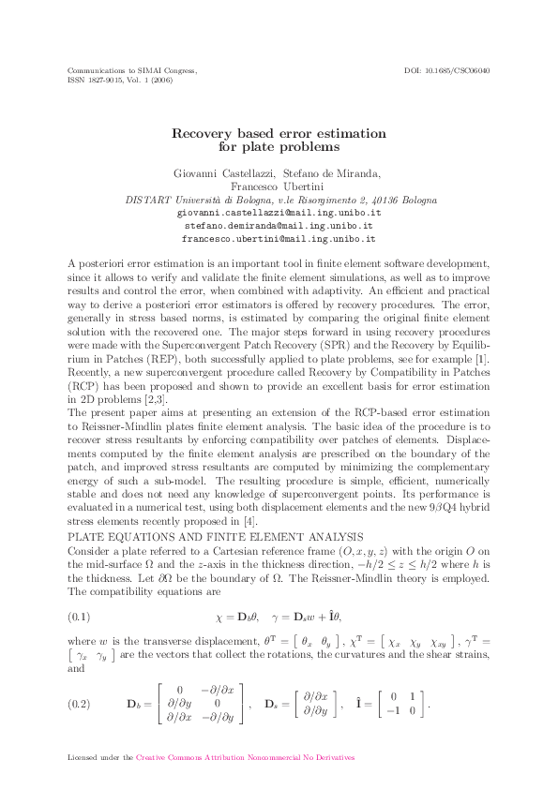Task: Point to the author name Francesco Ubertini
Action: [x=279, y=186]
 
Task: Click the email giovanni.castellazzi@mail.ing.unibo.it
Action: [x=279, y=214]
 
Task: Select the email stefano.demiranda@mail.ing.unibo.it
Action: [x=279, y=226]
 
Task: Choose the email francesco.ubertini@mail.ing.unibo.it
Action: [x=279, y=238]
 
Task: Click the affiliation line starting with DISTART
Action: [x=280, y=200]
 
